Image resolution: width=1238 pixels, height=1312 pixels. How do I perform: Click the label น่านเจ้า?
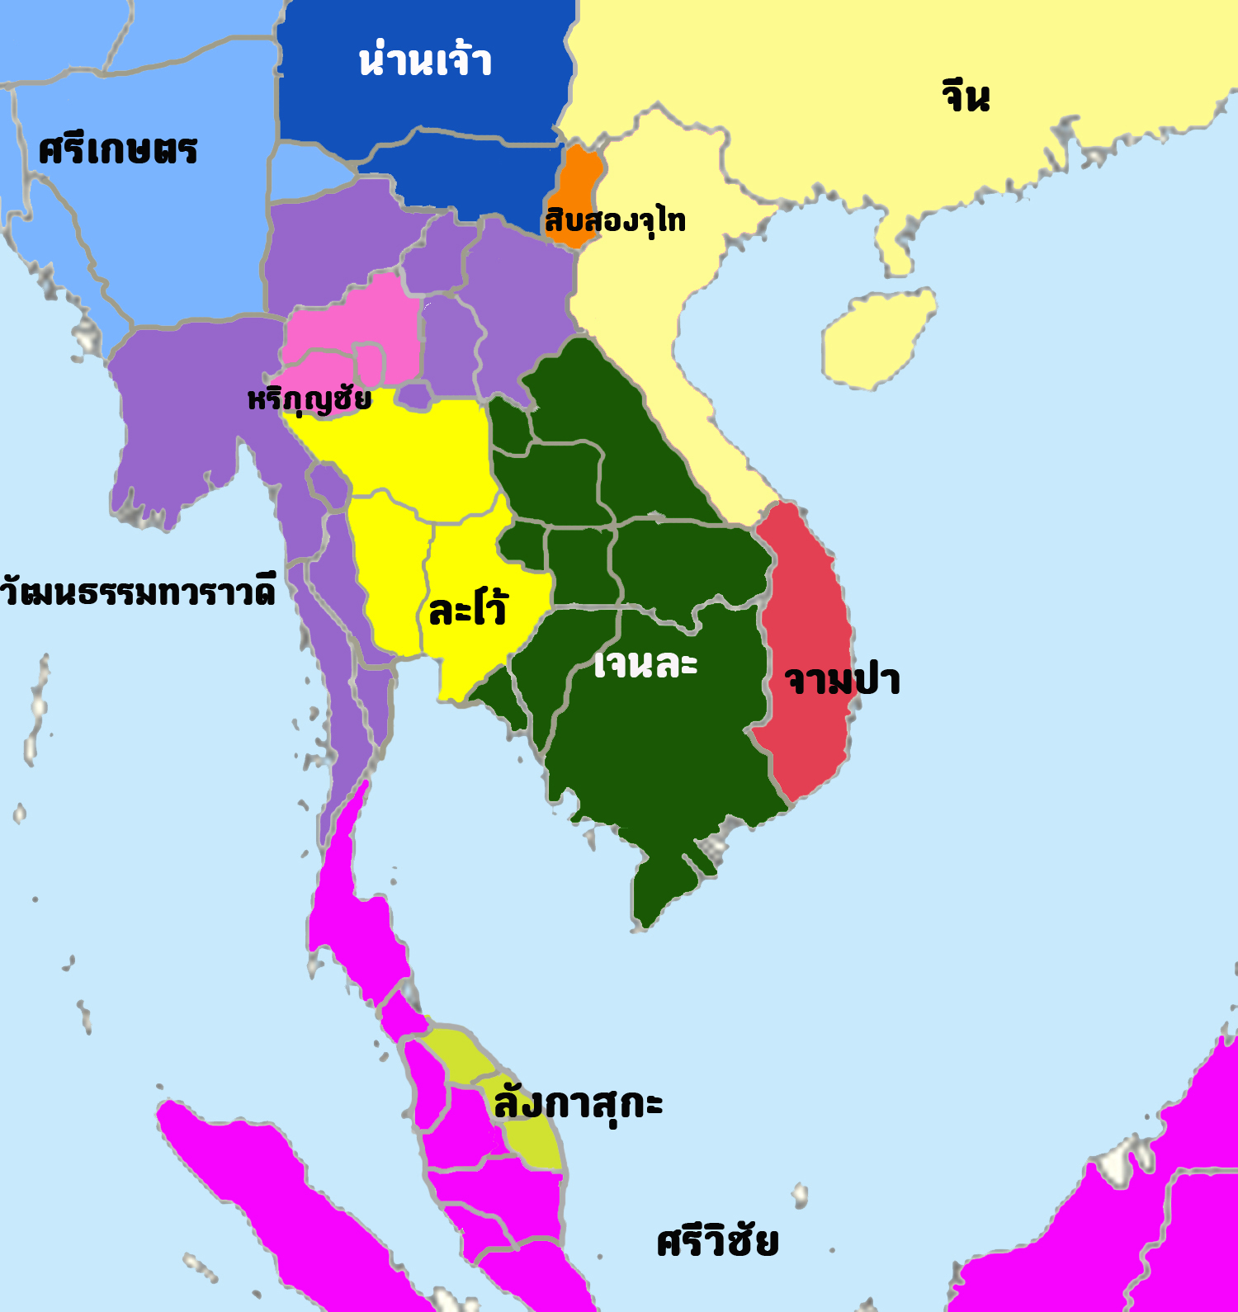tap(425, 61)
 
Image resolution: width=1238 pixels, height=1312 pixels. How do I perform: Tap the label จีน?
tap(965, 96)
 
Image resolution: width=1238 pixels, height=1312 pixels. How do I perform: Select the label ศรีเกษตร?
tap(118, 150)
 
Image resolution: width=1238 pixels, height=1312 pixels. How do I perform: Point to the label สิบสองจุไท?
tap(615, 220)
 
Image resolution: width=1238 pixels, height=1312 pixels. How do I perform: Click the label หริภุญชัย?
tap(309, 399)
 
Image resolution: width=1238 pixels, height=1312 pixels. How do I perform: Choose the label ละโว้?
tap(468, 609)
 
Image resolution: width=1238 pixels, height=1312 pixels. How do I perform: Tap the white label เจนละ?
tap(645, 663)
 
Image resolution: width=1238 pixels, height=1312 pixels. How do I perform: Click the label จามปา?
tap(842, 681)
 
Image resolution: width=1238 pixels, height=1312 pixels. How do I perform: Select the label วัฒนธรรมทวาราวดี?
tap(137, 592)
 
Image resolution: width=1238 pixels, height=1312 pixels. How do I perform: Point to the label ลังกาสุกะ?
tap(578, 1103)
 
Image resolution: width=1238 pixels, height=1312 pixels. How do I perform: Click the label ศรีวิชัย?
tap(717, 1241)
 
